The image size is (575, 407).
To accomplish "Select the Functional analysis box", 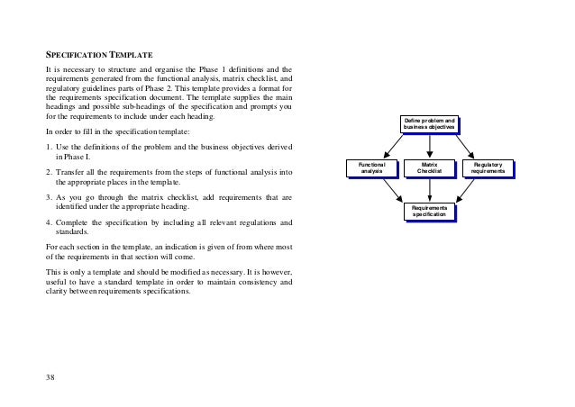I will (370, 167).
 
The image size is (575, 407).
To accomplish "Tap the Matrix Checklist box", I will (429, 167).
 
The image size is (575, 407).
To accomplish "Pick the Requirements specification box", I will (429, 211).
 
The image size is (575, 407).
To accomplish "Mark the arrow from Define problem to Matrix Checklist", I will (429, 146).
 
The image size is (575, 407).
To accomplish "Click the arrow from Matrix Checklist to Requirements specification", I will (429, 189).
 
